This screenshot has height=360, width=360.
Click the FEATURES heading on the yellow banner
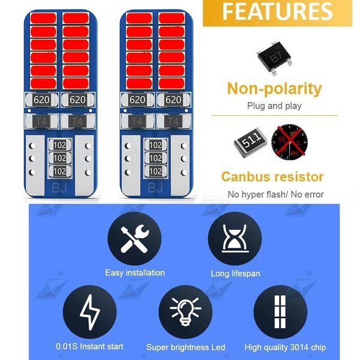pos(277,11)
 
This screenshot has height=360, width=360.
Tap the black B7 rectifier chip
pos(275,58)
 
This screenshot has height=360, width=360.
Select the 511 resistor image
pos(250,143)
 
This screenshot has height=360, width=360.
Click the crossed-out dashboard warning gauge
pos(290,142)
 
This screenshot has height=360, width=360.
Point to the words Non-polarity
pos(274,89)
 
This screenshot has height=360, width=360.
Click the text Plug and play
pos(274,106)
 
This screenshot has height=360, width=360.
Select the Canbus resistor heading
pos(272,177)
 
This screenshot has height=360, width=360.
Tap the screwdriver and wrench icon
pos(134,239)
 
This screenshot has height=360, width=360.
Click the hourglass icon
pos(235,238)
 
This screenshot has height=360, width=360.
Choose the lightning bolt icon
pos(90,312)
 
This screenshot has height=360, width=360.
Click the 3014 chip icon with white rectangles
pos(280,312)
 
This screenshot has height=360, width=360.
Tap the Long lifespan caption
pos(235,274)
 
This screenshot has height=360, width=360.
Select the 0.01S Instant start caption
pos(89,346)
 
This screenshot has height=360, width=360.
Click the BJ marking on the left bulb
pos(59,188)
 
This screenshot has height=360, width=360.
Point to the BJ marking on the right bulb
pos(155,188)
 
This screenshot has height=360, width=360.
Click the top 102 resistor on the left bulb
pos(59,145)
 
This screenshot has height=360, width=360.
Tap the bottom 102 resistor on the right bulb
pos(155,171)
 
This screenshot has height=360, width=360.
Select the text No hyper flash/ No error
pos(275,194)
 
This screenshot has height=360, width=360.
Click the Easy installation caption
pos(135,273)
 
